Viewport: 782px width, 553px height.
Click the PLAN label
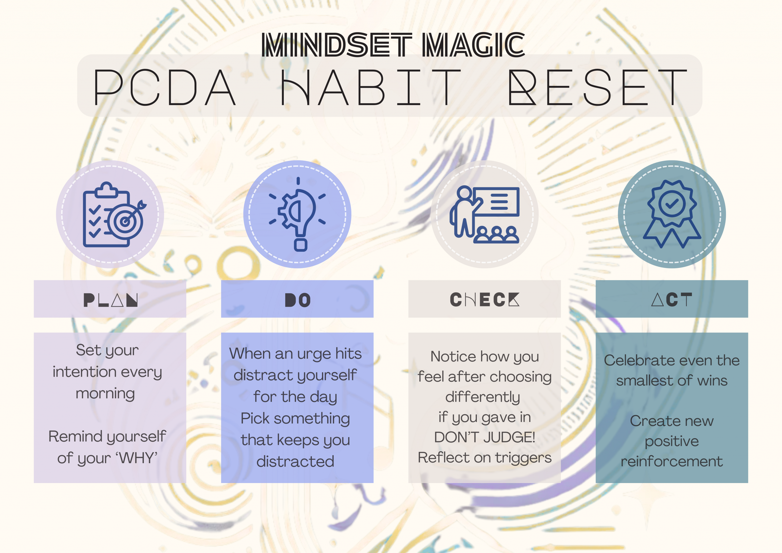pos(110,300)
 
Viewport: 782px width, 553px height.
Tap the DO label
pos(297,300)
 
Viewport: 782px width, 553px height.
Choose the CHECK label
pos(484,299)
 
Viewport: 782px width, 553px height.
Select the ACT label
pos(671,299)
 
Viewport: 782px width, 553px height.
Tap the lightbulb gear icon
pos(297,214)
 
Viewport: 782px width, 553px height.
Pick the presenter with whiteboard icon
pos(484,214)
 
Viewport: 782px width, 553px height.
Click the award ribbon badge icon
pos(672,214)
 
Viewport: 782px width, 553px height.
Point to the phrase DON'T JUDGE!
pos(484,437)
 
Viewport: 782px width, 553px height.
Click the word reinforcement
pos(672,461)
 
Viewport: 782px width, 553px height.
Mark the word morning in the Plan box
pos(105,394)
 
